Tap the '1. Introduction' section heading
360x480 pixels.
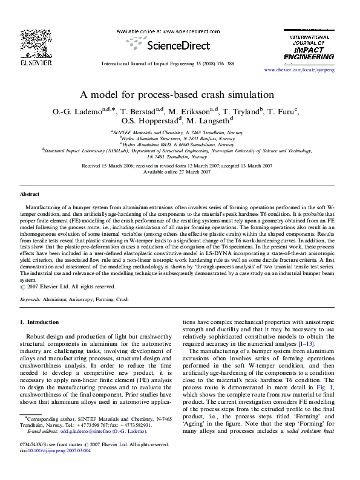pyautogui.click(x=39, y=322)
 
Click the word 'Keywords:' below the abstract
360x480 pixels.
pyautogui.click(x=30, y=299)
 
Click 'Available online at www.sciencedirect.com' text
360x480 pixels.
pyautogui.click(x=160, y=30)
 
